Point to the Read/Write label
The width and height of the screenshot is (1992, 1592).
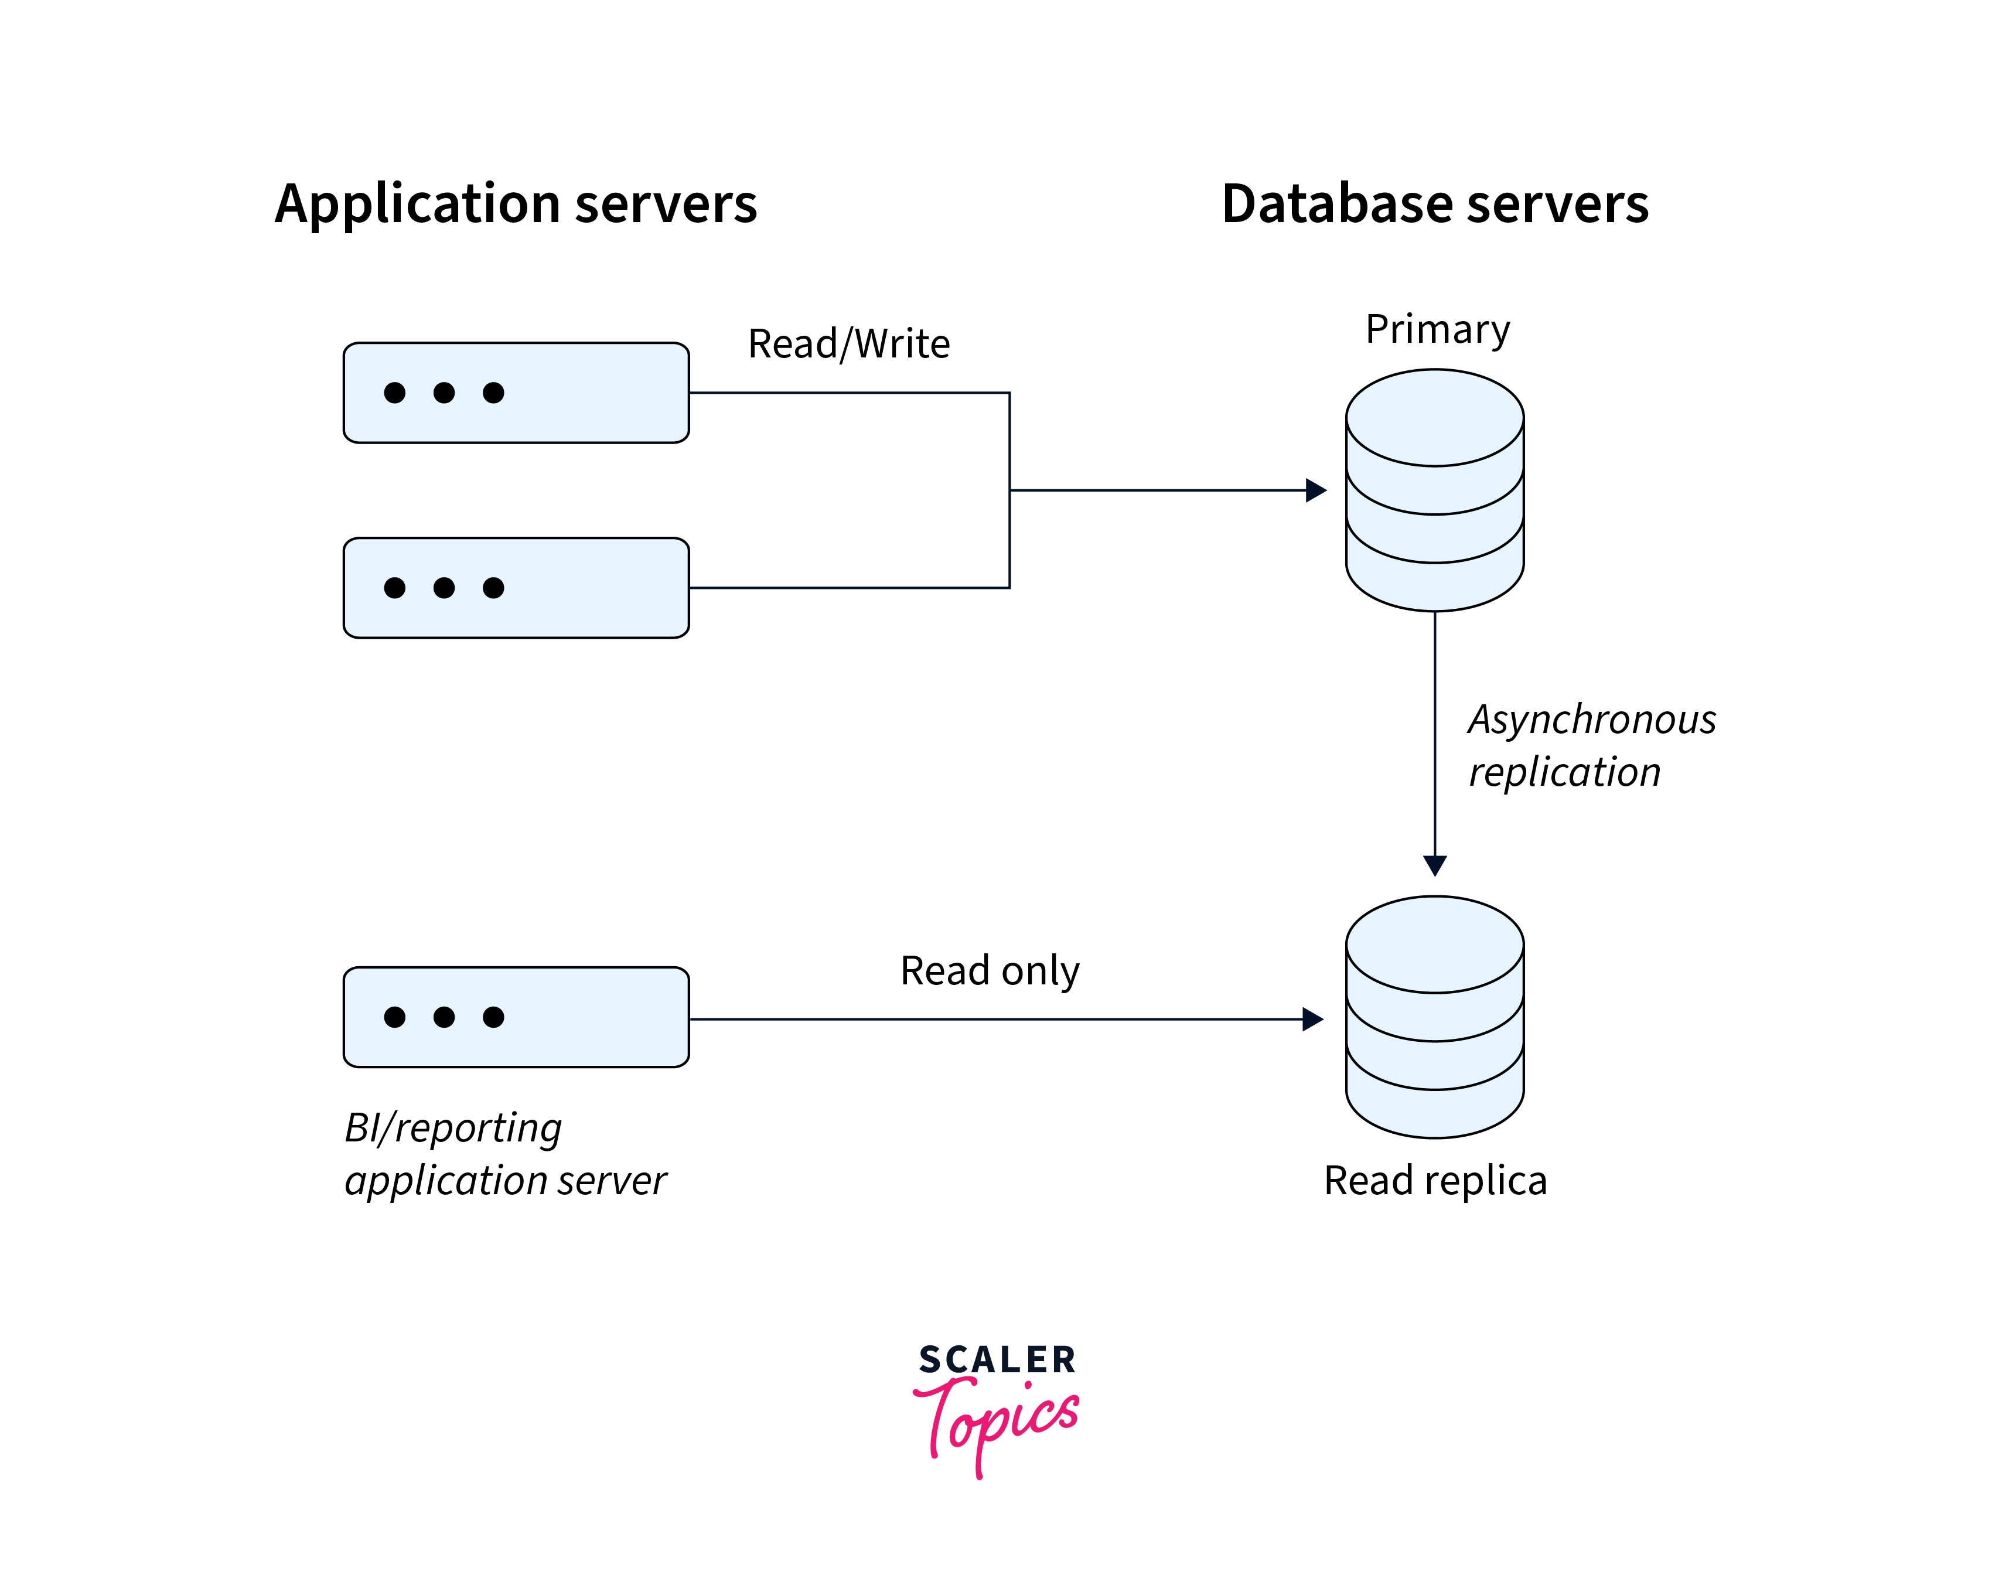click(x=848, y=344)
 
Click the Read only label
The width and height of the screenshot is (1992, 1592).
click(x=990, y=971)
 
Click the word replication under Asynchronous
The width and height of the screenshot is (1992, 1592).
click(x=1564, y=772)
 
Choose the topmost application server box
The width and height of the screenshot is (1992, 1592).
click(x=516, y=393)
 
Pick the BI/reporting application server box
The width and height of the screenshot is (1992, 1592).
click(x=516, y=1017)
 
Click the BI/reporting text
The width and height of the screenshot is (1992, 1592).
click(x=453, y=1128)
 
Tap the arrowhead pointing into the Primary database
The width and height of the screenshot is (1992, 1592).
click(x=1316, y=490)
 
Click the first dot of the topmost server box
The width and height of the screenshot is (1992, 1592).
click(x=394, y=393)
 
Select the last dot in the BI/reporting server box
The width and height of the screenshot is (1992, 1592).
click(x=493, y=1017)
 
